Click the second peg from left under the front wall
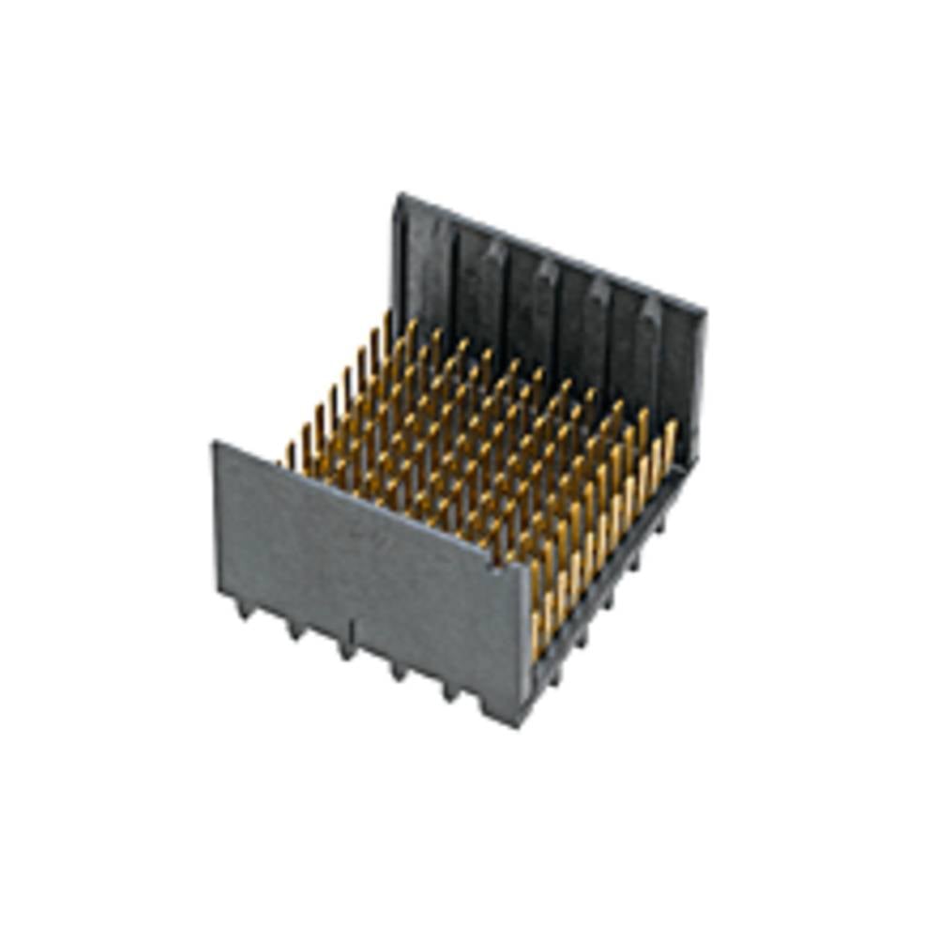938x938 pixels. tap(295, 629)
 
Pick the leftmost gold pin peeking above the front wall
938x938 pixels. tap(289, 457)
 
